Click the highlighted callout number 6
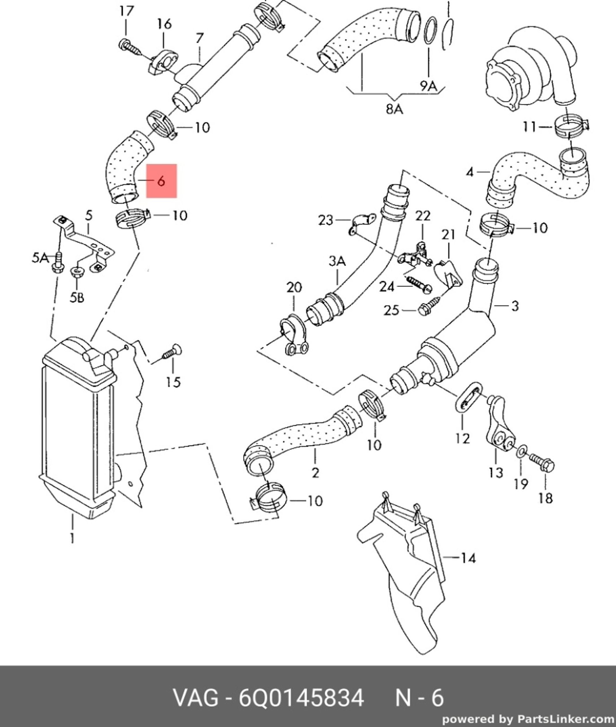(161, 181)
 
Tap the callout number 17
(126, 11)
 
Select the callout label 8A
(394, 109)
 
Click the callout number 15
(173, 382)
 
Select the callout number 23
(325, 220)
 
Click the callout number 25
(391, 310)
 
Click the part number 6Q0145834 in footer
(301, 698)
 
